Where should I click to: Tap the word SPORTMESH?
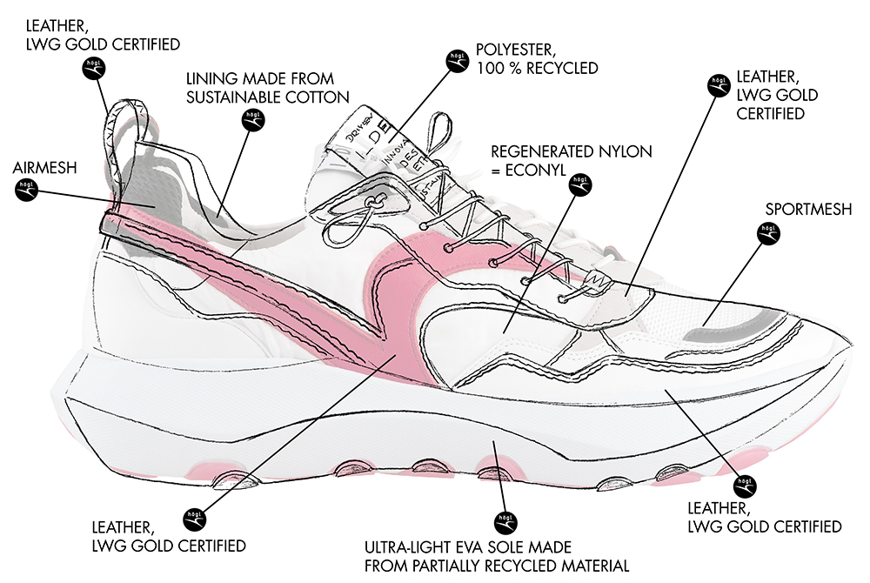pos(809,210)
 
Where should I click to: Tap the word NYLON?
pos(621,151)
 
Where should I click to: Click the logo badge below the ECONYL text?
pos(579,185)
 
